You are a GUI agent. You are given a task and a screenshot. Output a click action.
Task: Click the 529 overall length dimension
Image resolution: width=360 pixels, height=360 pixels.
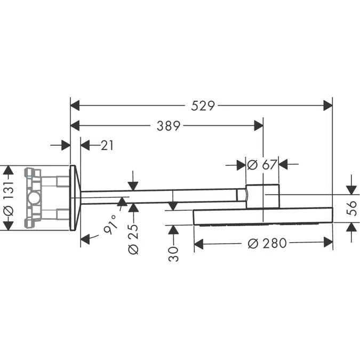[203, 106]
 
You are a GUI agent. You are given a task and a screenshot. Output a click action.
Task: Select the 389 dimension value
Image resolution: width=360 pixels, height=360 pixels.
[168, 126]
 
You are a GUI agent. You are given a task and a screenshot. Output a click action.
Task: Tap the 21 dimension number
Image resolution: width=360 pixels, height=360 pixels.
[107, 145]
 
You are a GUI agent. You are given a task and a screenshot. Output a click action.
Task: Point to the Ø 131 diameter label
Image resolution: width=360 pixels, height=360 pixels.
[7, 197]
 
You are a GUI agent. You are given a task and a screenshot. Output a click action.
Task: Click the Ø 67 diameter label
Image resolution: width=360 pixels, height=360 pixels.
[262, 164]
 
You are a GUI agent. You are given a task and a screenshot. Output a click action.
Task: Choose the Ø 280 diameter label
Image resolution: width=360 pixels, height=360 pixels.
[267, 244]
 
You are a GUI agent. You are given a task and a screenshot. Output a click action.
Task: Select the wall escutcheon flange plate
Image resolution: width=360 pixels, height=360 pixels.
[76, 198]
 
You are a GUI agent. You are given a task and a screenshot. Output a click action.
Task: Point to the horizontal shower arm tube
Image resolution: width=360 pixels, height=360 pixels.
[160, 196]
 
